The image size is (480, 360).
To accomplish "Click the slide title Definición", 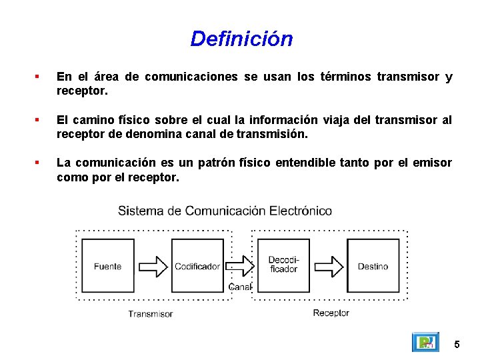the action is (241, 39).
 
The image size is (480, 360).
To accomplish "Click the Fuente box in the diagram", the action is (107, 266).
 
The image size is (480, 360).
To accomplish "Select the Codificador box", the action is (197, 266).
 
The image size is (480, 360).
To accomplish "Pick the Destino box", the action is (373, 266).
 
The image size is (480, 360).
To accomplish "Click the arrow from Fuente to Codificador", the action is (153, 266).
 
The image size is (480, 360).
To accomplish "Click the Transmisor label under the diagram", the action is (151, 314).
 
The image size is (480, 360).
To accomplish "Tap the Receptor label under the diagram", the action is (331, 313).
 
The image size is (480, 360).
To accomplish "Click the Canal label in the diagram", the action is (240, 287).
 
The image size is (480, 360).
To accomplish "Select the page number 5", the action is (457, 345).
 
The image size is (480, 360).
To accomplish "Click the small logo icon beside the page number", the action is (425, 343).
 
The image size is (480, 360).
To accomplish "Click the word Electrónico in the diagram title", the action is (301, 211).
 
